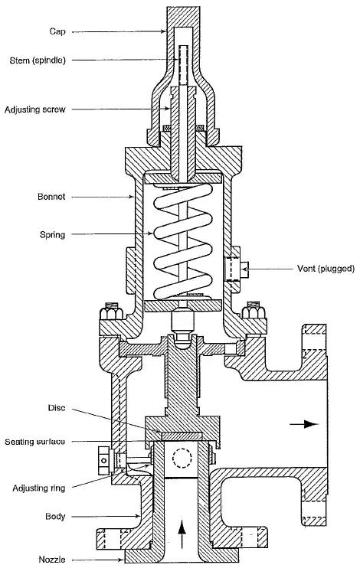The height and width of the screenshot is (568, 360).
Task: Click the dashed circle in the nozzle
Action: (x=182, y=459)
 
